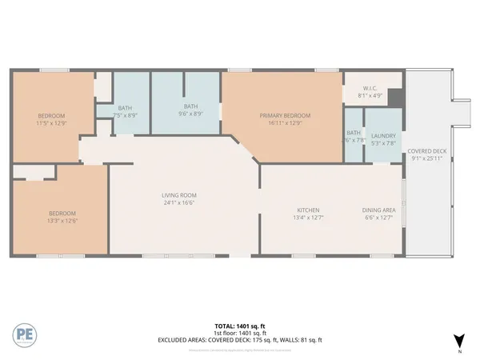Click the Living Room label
click(180, 195)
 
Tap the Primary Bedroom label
click(285, 115)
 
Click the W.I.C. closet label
click(370, 89)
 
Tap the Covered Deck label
click(426, 151)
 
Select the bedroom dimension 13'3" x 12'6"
click(62, 220)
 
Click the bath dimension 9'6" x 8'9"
click(190, 114)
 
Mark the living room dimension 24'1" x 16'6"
click(180, 202)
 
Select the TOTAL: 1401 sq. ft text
click(240, 326)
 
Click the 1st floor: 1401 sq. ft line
click(240, 333)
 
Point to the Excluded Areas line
click(240, 340)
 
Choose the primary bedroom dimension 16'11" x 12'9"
click(285, 122)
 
